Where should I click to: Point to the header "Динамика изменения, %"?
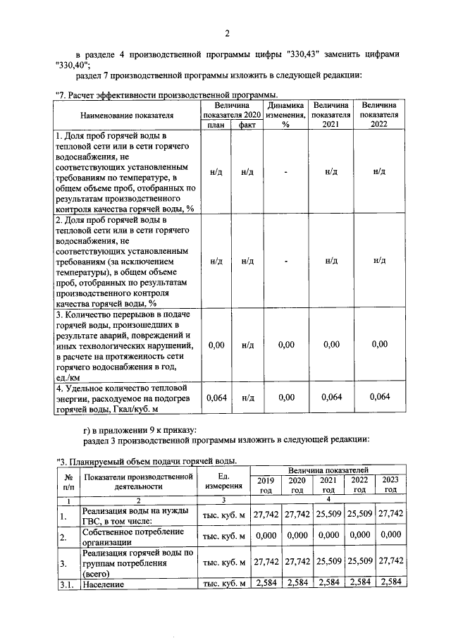tap(286, 115)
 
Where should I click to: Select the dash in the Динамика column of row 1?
tap(286, 171)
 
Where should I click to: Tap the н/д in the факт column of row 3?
tap(247, 344)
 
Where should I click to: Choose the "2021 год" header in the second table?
tap(328, 484)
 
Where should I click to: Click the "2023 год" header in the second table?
tap(390, 484)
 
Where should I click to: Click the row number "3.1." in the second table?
tap(68, 584)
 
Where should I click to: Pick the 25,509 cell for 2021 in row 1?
tap(328, 515)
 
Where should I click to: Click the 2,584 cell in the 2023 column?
tap(390, 584)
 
